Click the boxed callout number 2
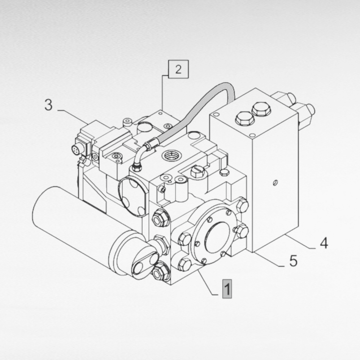click(178, 69)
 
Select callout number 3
click(49, 105)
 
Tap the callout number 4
click(324, 243)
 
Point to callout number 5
click(293, 261)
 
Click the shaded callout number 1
click(227, 289)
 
